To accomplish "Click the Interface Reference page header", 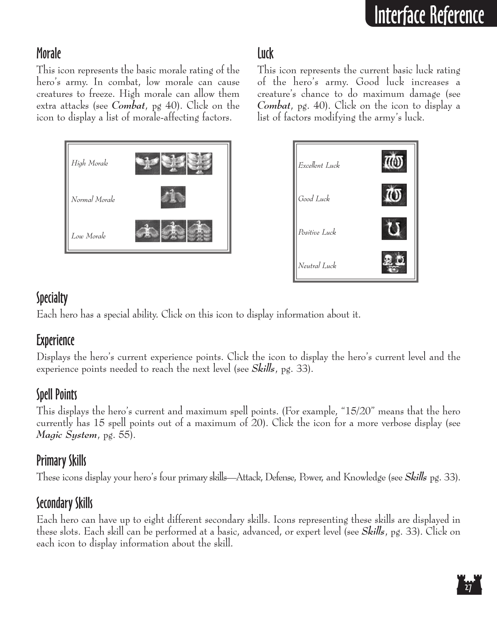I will tap(429, 15).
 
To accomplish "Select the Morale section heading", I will tap(49, 54).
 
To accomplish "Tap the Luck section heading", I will tap(265, 54).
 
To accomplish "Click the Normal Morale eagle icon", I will tap(173, 197).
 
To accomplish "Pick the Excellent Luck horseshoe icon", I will tap(394, 161).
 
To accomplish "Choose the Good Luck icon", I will tap(394, 195).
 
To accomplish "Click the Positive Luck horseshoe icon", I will tap(394, 229).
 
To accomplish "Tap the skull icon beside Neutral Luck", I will tap(394, 262).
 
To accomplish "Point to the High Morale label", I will tap(89, 163).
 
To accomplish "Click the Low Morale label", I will tap(88, 236).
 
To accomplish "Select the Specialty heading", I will tap(52, 298).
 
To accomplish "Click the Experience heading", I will tap(55, 340).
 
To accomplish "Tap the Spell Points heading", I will tap(57, 394).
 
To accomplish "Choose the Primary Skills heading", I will tap(61, 461).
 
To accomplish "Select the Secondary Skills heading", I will tap(65, 503).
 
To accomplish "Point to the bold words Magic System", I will tap(66, 435).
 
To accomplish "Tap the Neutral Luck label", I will tap(317, 265).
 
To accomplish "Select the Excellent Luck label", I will tap(319, 165).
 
